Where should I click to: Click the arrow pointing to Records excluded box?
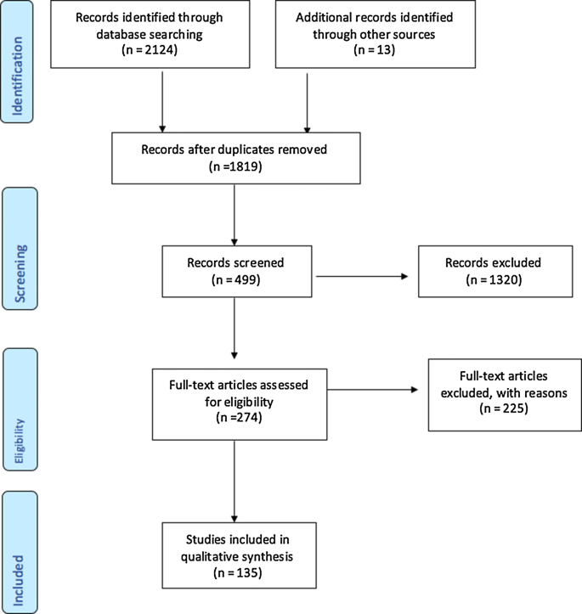(365, 275)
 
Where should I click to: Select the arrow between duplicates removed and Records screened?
(233, 212)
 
